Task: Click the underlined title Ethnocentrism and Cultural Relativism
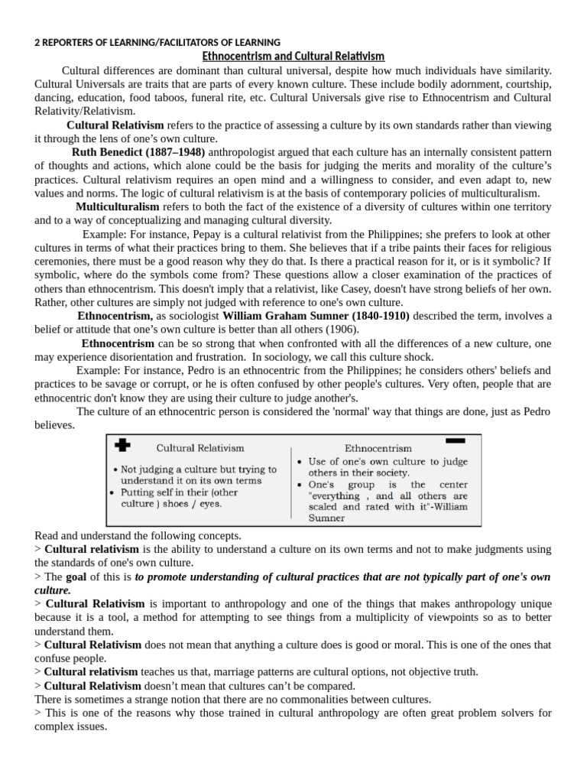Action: (x=293, y=57)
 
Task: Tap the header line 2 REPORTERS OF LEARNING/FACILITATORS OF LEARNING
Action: (x=157, y=42)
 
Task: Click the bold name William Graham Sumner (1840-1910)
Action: (x=316, y=315)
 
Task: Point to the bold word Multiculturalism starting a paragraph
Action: (x=117, y=207)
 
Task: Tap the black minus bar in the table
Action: (x=456, y=440)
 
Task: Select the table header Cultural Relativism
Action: (x=200, y=449)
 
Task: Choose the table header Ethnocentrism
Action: (x=378, y=449)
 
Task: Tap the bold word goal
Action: (x=76, y=577)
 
